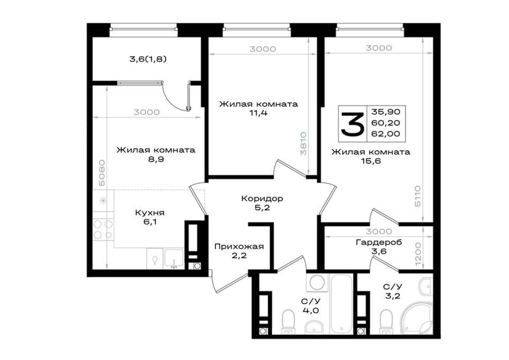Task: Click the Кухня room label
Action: [149, 213]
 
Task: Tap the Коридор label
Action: [262, 198]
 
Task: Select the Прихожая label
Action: [239, 247]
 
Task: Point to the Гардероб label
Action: [379, 242]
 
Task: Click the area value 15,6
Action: [371, 161]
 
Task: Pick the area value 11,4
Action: [259, 113]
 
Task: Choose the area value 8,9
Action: [156, 159]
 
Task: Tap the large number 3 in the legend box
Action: [352, 124]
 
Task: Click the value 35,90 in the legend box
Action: [386, 112]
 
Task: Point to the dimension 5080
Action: [102, 172]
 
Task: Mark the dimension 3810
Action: [303, 144]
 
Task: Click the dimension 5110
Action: [417, 196]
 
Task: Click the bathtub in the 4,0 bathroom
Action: [341, 304]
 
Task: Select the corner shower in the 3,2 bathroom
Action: [417, 318]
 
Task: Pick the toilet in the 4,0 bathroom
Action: [288, 321]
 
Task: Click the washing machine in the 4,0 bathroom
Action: [317, 282]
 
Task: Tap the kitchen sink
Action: [174, 259]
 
